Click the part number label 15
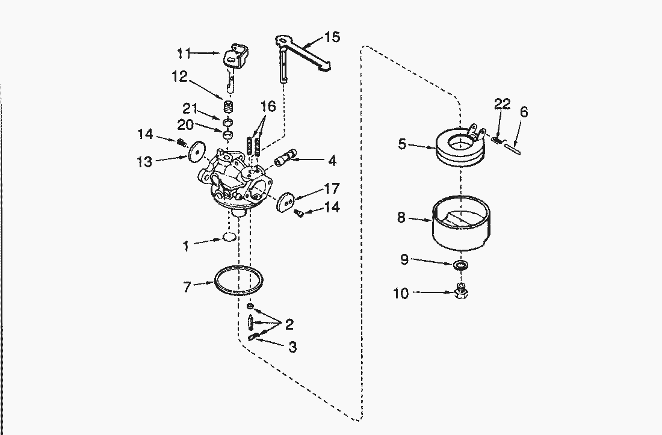pos(332,37)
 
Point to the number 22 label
pos(502,104)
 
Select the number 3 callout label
pos(292,347)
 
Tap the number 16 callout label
pos(268,106)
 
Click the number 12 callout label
pos(180,76)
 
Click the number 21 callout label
pos(191,108)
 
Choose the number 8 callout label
pos(401,218)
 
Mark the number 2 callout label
pos(289,325)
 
